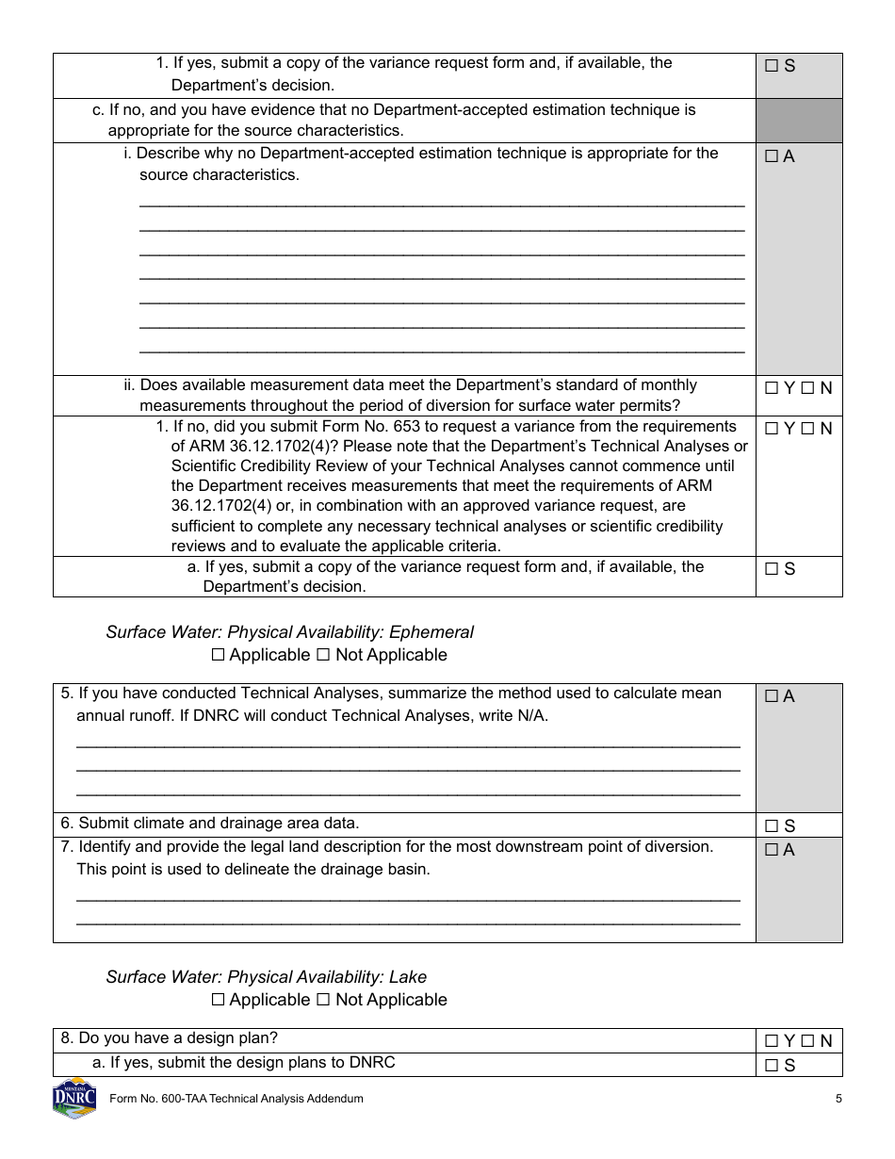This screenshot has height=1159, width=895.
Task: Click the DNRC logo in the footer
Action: pos(74,1099)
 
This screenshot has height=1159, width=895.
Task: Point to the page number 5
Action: pos(838,1099)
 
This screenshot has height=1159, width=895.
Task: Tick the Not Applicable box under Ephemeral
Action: pos(323,655)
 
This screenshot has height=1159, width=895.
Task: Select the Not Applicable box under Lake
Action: pos(323,1000)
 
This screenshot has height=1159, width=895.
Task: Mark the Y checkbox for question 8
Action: pos(772,1041)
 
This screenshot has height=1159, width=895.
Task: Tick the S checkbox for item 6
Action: pos(772,826)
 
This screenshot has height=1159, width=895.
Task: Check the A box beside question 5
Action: pos(772,696)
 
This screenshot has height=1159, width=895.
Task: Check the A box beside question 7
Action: pos(772,850)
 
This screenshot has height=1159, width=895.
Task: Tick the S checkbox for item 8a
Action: pos(772,1066)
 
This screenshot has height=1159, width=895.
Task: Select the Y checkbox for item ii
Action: pos(772,388)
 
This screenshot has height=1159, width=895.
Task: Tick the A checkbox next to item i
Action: pos(772,157)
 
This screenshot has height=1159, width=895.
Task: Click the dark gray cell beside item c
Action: pos(799,121)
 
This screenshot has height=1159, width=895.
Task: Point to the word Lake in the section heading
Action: pos(408,977)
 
